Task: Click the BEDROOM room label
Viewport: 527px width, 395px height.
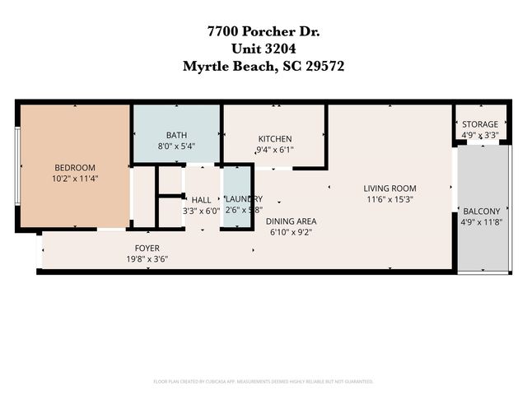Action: (x=75, y=167)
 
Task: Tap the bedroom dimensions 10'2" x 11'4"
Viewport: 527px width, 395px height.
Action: (x=75, y=178)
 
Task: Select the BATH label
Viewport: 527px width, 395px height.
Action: (x=177, y=135)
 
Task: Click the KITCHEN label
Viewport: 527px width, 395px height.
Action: (x=275, y=138)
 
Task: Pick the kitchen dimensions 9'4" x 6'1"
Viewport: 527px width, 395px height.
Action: (x=275, y=150)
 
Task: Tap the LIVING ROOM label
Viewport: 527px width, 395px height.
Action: (x=389, y=188)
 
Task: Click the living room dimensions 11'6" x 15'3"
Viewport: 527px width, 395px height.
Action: (x=389, y=199)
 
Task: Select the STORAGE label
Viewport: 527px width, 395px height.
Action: (x=479, y=124)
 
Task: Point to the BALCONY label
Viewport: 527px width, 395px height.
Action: (x=480, y=211)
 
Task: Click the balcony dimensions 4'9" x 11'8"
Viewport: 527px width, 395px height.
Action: (x=480, y=221)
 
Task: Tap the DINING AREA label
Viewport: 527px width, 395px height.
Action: (x=291, y=221)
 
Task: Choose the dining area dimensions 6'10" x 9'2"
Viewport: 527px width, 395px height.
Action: (x=291, y=231)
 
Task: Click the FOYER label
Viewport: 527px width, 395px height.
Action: (x=147, y=248)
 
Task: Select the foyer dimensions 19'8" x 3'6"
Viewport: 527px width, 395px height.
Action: (x=147, y=258)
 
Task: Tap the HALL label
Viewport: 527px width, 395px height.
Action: (x=201, y=199)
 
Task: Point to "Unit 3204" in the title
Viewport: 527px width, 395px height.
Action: (x=263, y=49)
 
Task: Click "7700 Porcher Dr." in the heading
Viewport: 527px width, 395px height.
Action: (x=263, y=32)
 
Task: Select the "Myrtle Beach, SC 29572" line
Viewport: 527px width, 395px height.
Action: (x=263, y=67)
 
